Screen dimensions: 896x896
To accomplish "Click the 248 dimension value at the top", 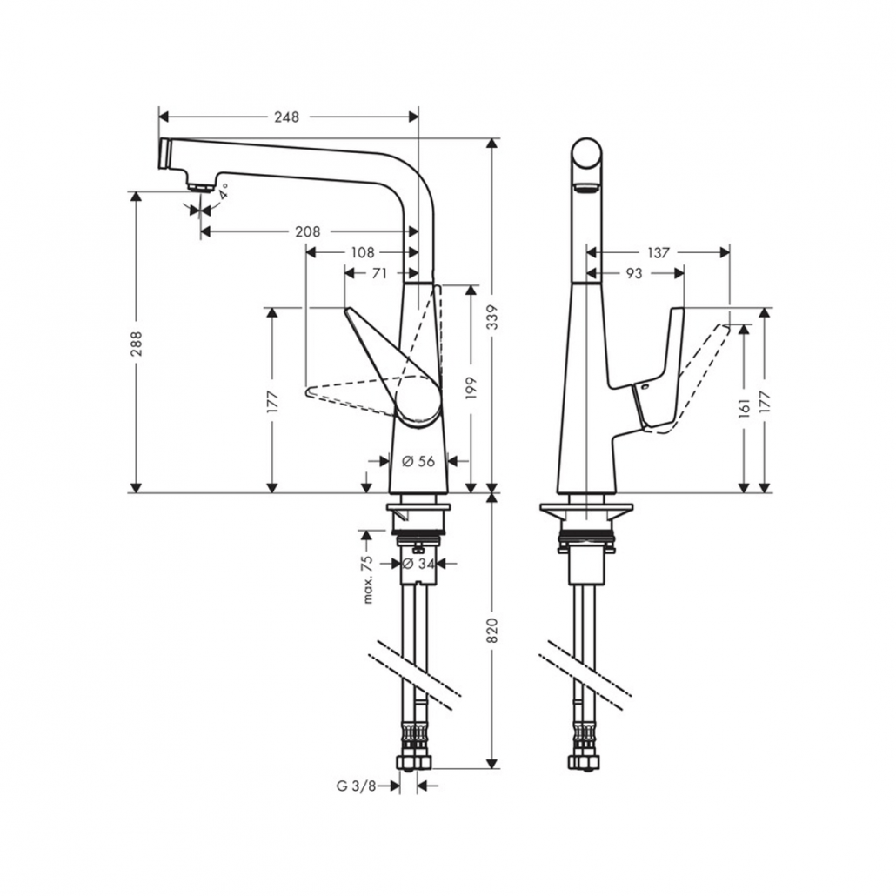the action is point(286,117).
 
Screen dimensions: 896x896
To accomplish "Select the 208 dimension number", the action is point(307,231).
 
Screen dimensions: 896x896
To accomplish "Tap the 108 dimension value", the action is point(362,252).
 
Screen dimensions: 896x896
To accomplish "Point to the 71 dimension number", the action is point(379,273).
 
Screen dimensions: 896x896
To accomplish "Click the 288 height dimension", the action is point(136,344).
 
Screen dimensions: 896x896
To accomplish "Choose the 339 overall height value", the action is point(492,318).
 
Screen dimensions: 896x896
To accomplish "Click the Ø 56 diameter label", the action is point(418,461).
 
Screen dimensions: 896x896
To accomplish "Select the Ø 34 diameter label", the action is point(418,564).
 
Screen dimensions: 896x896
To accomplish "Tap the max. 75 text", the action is point(367,579).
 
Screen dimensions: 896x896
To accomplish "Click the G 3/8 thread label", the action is point(356,786).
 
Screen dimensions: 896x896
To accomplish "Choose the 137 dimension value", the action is point(659,252).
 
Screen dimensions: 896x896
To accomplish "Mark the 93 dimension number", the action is point(633,273).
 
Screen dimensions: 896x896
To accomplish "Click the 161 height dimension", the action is point(744,409).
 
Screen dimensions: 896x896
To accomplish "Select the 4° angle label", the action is point(223,191).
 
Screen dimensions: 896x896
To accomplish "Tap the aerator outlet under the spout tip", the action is point(199,185).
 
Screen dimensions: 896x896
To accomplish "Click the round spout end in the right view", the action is point(586,154).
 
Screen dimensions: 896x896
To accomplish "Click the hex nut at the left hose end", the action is point(414,762).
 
